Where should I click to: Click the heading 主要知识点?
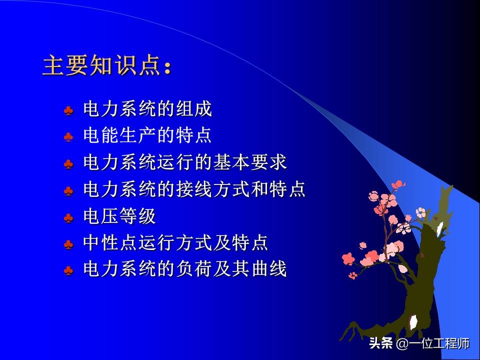point(102,65)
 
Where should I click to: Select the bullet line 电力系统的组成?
point(147,109)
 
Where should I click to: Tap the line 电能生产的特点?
point(147,136)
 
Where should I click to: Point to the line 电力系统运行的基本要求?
point(184,163)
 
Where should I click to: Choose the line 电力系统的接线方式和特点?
point(194,190)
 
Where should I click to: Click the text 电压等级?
point(119,217)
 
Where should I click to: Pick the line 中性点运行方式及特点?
point(175,243)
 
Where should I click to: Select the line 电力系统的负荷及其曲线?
point(184,270)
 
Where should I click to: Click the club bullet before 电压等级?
point(68,218)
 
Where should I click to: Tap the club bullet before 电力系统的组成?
point(68,110)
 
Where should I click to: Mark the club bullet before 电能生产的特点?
point(68,137)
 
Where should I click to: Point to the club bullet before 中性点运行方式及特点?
point(68,244)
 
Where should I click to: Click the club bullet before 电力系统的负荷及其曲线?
point(68,271)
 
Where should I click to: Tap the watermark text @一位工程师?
point(432,344)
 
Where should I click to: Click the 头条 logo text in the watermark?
point(380,344)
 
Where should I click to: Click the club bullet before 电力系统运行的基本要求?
point(68,164)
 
